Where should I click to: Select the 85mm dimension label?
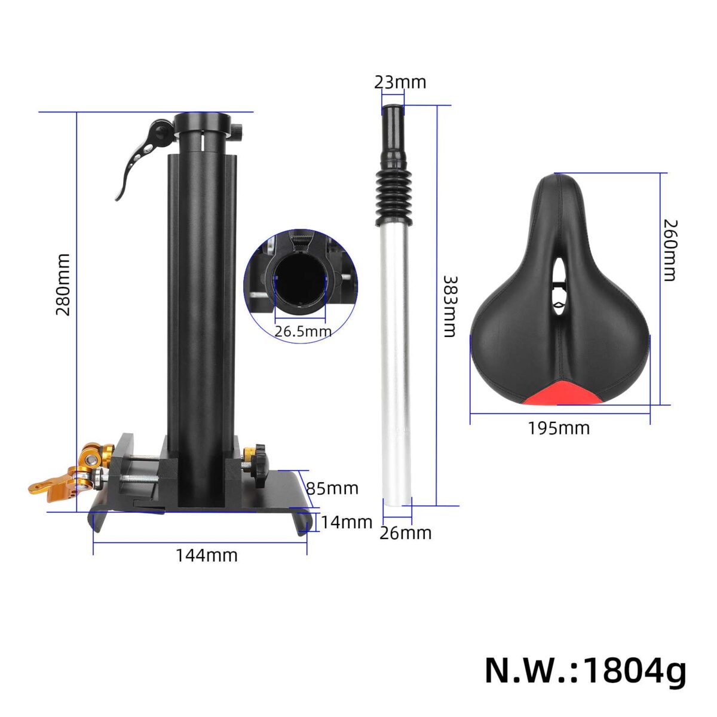coord(332,488)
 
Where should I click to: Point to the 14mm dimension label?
coord(347,522)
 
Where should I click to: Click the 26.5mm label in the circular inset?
coord(303,331)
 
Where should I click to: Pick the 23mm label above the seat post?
coord(400,82)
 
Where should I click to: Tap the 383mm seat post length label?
coord(449,307)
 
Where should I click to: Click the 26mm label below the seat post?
coord(406,533)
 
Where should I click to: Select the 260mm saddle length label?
coord(671,250)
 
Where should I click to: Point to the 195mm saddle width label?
coord(559,428)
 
